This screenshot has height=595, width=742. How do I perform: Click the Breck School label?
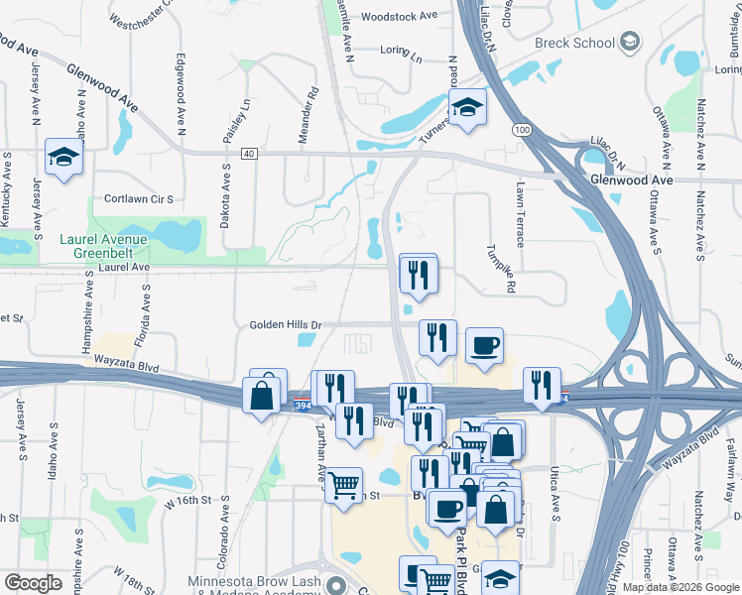pos(573,44)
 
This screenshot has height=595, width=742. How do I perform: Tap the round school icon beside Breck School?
pos(630,44)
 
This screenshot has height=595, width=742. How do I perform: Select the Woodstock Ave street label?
pos(400,17)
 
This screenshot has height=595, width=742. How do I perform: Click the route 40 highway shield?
pos(248,153)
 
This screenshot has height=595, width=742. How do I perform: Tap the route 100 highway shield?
pos(521,130)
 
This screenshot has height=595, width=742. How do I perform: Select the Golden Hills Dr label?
pos(286,324)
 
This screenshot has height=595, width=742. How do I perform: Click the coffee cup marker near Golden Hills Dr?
pos(483,345)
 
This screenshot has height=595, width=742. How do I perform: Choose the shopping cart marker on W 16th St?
pos(343,486)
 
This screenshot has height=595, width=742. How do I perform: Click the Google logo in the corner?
pos(34,583)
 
